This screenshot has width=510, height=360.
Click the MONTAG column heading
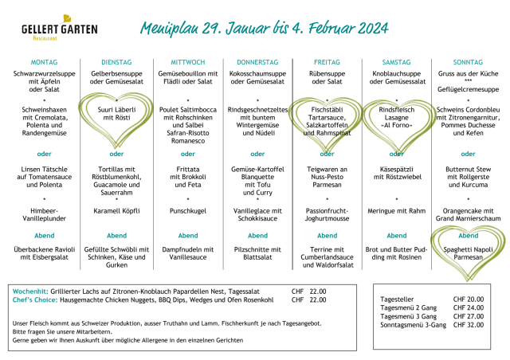tap(44, 61)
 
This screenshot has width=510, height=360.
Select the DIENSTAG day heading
tap(116, 61)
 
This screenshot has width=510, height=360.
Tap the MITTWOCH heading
tap(188, 61)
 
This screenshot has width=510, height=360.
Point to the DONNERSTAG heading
tap(258, 61)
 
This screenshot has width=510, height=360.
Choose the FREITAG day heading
tap(327, 61)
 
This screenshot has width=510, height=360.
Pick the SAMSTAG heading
tap(398, 61)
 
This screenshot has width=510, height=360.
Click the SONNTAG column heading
tap(467, 61)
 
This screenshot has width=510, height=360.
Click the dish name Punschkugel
tap(188, 211)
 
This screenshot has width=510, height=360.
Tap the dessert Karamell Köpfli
tap(116, 211)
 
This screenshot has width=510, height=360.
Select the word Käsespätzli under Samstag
tap(398, 169)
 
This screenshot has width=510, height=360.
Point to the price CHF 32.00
tap(468, 324)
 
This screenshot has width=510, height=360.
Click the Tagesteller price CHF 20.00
tap(468, 299)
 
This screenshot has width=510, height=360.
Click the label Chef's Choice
tap(34, 300)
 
